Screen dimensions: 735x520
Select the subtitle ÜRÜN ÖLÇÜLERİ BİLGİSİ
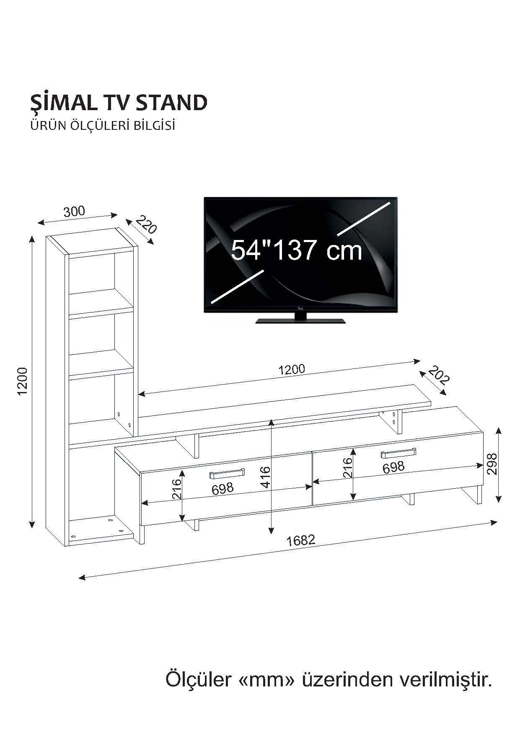[x=102, y=126]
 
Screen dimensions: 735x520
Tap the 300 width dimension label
[x=74, y=211]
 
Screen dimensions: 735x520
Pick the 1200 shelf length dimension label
[x=292, y=369]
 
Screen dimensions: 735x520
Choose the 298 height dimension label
[x=492, y=464]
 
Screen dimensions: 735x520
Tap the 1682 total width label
[x=300, y=540]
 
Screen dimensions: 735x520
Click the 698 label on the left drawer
[x=222, y=489]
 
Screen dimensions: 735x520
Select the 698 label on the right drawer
[x=393, y=467]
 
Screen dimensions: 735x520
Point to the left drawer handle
[x=227, y=474]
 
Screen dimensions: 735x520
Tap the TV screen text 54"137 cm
[x=296, y=250]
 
